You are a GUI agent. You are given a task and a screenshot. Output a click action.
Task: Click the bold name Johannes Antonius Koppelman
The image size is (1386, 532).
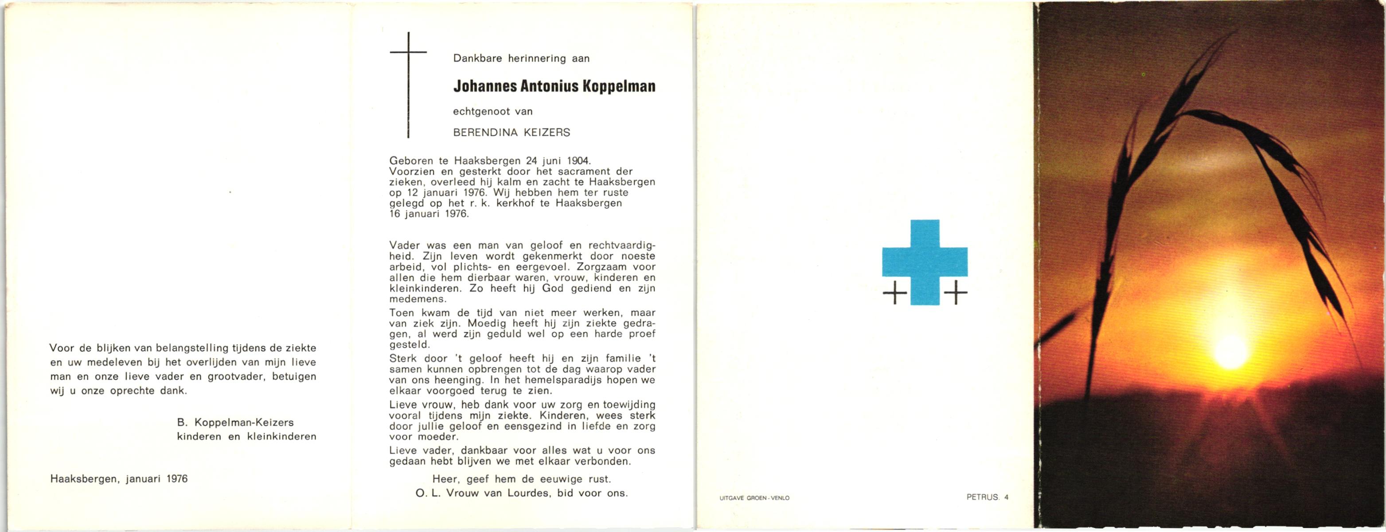pyautogui.click(x=554, y=86)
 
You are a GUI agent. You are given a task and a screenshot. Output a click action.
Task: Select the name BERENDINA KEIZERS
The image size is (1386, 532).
pyautogui.click(x=511, y=132)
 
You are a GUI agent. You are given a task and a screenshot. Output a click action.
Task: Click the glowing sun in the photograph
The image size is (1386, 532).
pyautogui.click(x=1230, y=352)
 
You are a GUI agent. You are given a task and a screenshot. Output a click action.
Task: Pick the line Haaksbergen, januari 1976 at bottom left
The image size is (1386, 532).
pyautogui.click(x=119, y=478)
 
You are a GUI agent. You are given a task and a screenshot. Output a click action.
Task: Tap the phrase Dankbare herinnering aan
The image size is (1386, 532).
pyautogui.click(x=521, y=59)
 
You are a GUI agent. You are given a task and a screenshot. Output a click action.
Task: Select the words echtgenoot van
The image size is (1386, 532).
pyautogui.click(x=493, y=111)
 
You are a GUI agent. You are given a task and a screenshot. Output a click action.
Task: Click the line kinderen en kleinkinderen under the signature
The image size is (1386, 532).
pyautogui.click(x=246, y=436)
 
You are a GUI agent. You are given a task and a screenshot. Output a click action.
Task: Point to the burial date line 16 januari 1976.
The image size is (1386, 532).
pyautogui.click(x=429, y=214)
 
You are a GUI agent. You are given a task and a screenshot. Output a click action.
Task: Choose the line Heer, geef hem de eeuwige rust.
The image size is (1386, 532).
pyautogui.click(x=521, y=479)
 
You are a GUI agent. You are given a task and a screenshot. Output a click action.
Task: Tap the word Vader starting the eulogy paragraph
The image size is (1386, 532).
pyautogui.click(x=404, y=245)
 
